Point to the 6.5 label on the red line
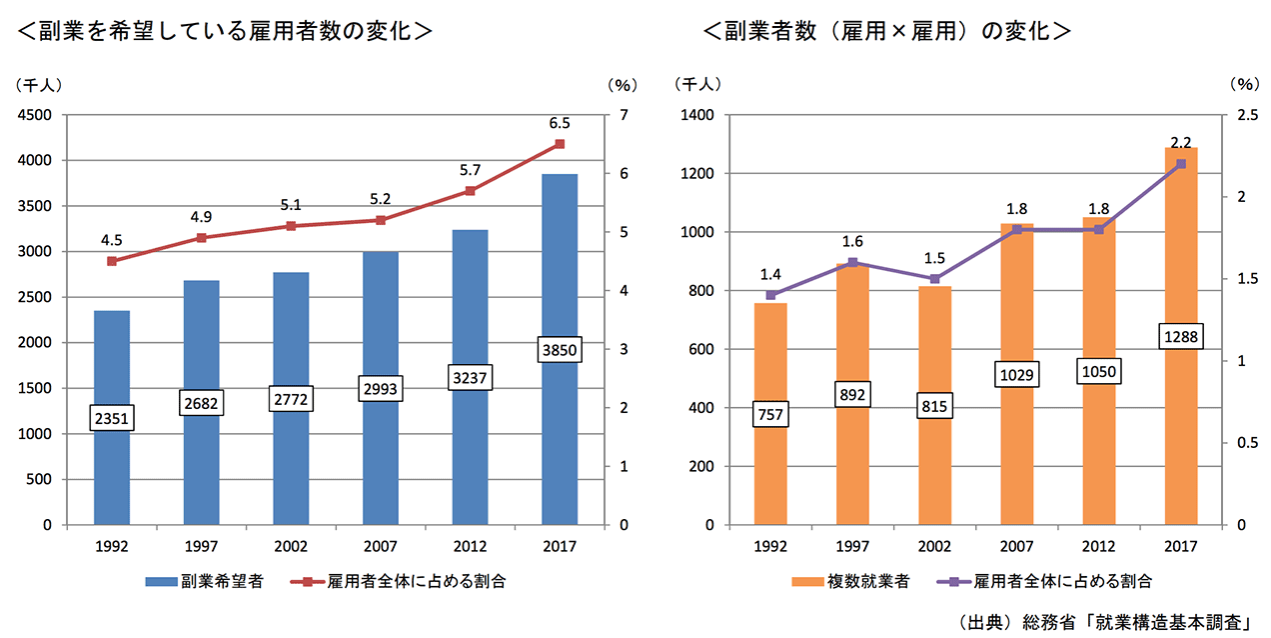560,124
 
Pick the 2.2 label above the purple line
1180,143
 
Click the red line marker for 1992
112,261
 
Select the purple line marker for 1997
852,263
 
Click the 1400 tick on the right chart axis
698,115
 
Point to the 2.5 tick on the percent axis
1245,115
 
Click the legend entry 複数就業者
852,581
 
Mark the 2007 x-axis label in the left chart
380,546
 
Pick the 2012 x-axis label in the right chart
1098,546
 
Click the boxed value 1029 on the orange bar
1017,374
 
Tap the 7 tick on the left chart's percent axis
624,115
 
